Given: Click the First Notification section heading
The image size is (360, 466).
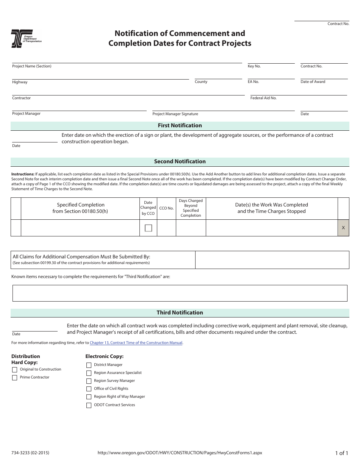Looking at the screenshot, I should click(x=180, y=125).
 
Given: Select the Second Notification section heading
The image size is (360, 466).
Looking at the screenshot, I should click(x=180, y=161).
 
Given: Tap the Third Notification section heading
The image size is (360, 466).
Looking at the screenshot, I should click(x=180, y=313).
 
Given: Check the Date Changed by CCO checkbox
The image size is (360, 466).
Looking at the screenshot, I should click(x=149, y=228).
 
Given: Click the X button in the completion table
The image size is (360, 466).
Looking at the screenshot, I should click(x=343, y=228).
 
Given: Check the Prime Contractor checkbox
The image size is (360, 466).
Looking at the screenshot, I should click(x=15, y=378).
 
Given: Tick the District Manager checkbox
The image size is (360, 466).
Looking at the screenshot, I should click(x=89, y=365).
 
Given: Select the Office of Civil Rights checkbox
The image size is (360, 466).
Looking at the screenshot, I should click(x=89, y=389).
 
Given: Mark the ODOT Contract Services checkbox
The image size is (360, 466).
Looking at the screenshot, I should click(x=89, y=405).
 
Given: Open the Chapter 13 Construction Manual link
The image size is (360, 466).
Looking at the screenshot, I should click(x=136, y=343).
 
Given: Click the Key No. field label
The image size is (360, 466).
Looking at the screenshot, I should click(x=254, y=66).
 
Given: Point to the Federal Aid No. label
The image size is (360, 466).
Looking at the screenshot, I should click(x=263, y=98).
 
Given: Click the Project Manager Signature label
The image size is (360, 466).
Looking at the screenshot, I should click(x=175, y=114).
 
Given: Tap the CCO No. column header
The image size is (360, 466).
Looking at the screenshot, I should click(x=166, y=208).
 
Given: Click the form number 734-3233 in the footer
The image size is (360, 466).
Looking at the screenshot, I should click(x=30, y=453).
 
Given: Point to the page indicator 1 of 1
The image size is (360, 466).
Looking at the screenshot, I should click(x=341, y=453).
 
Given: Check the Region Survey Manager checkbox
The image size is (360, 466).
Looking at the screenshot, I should click(x=89, y=381).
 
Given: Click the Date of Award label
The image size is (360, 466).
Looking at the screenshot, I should click(x=313, y=82).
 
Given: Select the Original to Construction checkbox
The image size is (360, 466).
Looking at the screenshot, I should click(x=15, y=370).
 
